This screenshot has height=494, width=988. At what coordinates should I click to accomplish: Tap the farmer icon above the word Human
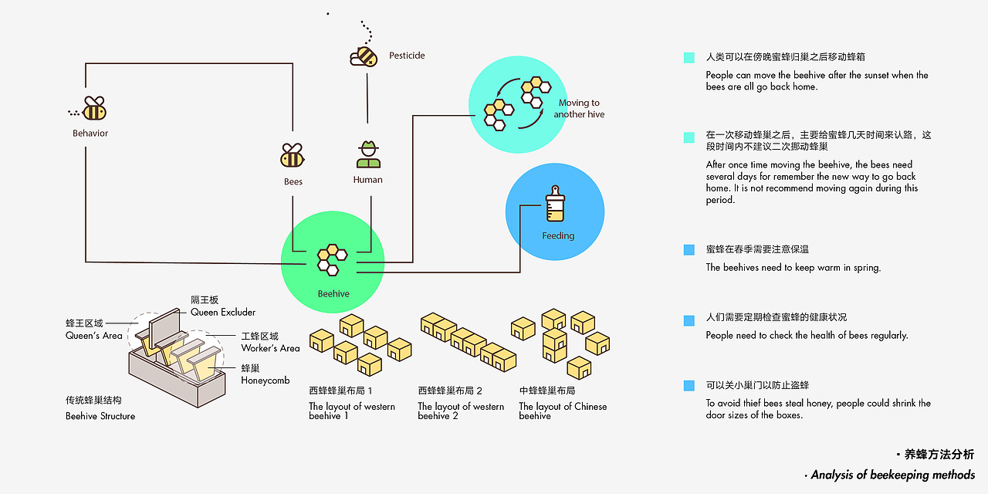pyautogui.click(x=368, y=154)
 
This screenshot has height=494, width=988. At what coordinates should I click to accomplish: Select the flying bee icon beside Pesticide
pyautogui.click(x=364, y=56)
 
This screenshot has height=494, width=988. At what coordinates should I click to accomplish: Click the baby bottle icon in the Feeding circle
pyautogui.click(x=554, y=207)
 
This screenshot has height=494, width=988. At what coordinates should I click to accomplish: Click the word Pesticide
pyautogui.click(x=407, y=56)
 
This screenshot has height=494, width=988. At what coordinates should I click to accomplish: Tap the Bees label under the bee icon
pyautogui.click(x=293, y=182)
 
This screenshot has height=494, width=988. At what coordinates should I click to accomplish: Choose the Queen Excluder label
pyautogui.click(x=223, y=312)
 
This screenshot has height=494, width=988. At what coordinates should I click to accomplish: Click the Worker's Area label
pyautogui.click(x=270, y=348)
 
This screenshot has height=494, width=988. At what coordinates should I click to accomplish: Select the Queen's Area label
pyautogui.click(x=94, y=336)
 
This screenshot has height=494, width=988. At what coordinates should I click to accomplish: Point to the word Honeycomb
pyautogui.click(x=265, y=381)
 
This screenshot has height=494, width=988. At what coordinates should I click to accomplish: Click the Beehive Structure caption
pyautogui.click(x=100, y=416)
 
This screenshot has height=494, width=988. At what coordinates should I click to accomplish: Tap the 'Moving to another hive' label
pyautogui.click(x=579, y=109)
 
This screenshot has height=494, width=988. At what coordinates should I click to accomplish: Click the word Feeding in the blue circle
pyautogui.click(x=557, y=235)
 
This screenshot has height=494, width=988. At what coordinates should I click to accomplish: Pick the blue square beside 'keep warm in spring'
pyautogui.click(x=689, y=249)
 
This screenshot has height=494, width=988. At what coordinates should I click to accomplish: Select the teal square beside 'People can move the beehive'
pyautogui.click(x=689, y=58)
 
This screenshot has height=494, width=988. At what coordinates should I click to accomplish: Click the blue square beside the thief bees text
pyautogui.click(x=689, y=385)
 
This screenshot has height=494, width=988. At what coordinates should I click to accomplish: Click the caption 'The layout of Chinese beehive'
pyautogui.click(x=563, y=411)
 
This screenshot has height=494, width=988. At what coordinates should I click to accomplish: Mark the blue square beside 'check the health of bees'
pyautogui.click(x=689, y=320)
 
